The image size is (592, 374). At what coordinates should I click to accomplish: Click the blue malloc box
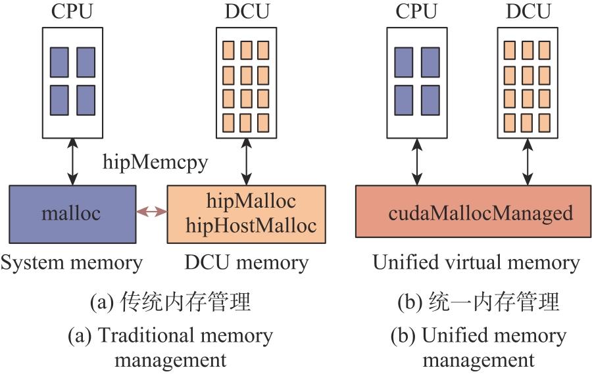click(72, 213)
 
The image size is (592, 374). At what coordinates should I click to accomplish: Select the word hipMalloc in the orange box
click(251, 200)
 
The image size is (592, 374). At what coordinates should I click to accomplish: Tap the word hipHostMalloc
click(251, 225)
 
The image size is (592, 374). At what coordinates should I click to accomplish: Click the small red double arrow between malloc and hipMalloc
click(152, 212)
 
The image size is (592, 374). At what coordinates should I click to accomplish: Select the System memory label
click(72, 263)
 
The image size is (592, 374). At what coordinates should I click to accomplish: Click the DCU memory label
click(246, 263)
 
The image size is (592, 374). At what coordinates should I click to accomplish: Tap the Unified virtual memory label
click(476, 263)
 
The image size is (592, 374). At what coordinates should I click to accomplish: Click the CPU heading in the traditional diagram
click(72, 11)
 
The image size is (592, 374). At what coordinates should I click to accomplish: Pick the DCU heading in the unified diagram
click(527, 11)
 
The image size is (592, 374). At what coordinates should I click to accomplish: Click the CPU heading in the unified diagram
click(417, 11)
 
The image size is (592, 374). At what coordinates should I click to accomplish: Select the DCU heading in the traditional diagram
click(246, 11)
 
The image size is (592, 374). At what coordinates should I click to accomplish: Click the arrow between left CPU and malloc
click(73, 161)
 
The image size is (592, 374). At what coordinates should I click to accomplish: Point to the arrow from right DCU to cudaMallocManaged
click(528, 161)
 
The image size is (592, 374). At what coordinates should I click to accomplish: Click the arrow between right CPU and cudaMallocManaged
click(416, 161)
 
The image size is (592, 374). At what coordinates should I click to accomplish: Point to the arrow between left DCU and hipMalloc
click(247, 161)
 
